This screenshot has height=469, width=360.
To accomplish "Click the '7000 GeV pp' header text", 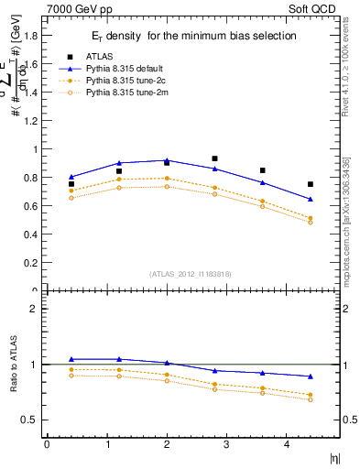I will tap(74, 9).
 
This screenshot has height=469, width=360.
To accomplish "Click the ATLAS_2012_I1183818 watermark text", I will tap(191, 273).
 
